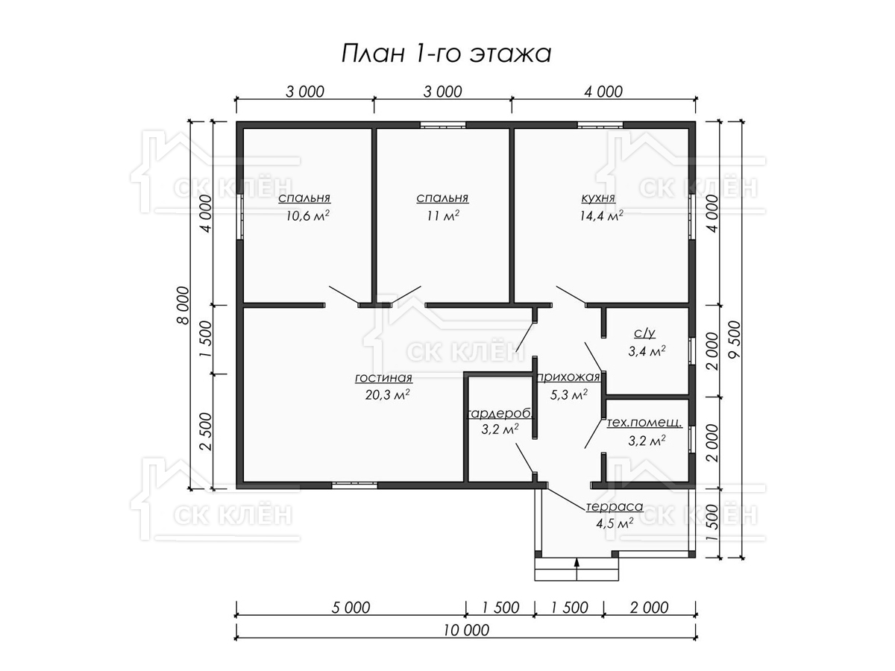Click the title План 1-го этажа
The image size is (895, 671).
pos(446,54)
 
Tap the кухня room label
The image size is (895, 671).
pos(598,198)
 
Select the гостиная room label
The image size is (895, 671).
pos(383,378)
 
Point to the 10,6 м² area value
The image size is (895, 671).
pos(308,215)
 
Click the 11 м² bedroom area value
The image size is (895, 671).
pos(443,215)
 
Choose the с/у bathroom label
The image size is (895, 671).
pos(644,333)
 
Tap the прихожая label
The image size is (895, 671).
pos(569,377)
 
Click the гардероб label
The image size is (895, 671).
pos(500,414)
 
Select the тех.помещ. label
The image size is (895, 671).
pos(644,423)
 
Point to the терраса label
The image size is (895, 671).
pos(615,507)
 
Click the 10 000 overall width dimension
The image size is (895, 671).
pos(466,630)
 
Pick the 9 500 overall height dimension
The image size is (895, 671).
pos(735,339)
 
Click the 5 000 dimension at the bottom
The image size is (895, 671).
pos(351,608)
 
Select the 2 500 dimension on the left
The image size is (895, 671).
pos(207,432)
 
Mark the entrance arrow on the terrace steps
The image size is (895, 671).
pos(577,569)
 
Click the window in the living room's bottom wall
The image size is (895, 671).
pos(354,485)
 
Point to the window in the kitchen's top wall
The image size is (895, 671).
pos(600,125)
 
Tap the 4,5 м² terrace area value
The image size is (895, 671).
pos(615,524)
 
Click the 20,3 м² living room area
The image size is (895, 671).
pos(387,395)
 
